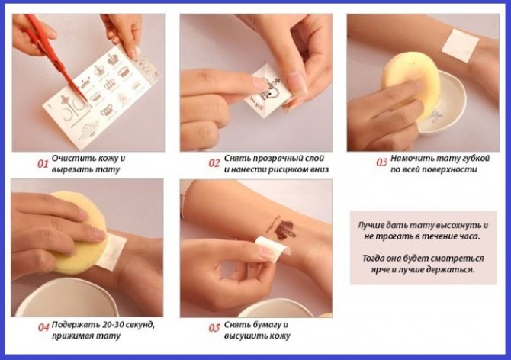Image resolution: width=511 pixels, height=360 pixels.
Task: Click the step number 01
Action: [43, 163]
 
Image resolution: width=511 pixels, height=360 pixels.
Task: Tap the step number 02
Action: [214, 163]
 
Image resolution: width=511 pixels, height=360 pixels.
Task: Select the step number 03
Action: [381, 162]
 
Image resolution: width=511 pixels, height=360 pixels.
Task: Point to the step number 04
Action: [43, 327]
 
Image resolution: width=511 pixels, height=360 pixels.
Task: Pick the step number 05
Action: [214, 327]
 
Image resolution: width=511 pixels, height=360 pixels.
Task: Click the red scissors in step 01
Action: [56, 56]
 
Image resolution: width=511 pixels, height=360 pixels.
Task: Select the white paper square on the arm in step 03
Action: [460, 46]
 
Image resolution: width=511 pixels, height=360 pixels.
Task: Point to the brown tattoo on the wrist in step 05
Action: [281, 228]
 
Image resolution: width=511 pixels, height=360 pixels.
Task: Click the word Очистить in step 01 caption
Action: [68, 158]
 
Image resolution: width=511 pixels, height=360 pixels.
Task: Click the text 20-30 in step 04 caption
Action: [113, 325]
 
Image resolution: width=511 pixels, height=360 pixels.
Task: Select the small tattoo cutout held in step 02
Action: [267, 88]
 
